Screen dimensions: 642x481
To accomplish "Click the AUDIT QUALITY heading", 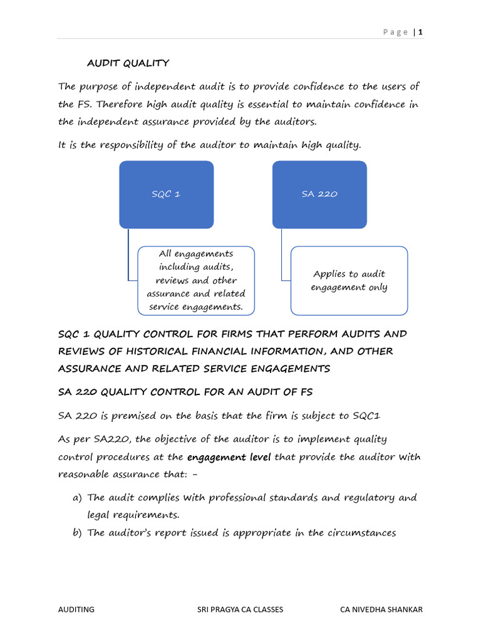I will point(128,63).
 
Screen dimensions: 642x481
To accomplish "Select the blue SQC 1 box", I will point(166,194).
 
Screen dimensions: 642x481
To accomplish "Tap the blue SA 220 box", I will point(319,194).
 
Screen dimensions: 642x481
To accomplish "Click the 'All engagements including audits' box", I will point(196,280).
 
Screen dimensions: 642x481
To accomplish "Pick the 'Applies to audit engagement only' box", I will point(349,280).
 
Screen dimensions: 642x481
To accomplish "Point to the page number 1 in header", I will point(421,32).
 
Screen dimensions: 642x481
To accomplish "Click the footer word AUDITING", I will point(76,609).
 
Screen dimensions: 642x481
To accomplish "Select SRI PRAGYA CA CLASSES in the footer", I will point(240,609).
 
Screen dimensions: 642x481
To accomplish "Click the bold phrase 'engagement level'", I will point(229,457).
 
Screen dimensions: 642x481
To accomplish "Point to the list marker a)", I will point(78,498).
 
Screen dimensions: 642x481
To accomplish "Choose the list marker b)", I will point(78,533).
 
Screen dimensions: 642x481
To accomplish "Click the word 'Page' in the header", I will point(396,32).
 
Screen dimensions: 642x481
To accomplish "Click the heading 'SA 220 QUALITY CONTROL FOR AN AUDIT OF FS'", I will point(185,392).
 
